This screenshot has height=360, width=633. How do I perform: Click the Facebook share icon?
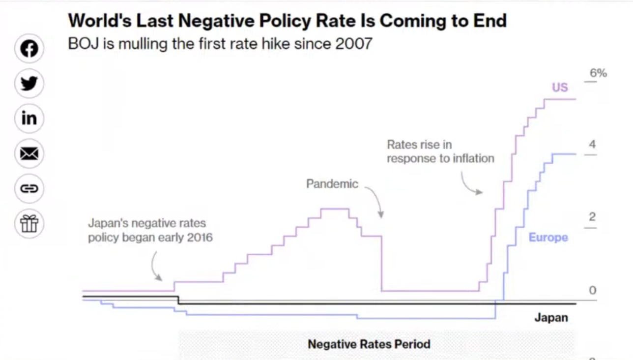(29, 49)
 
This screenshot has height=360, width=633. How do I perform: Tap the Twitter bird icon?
(29, 84)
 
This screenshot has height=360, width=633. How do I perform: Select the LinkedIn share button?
(29, 119)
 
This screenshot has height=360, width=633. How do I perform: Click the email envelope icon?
(29, 154)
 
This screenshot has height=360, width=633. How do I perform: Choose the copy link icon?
(29, 188)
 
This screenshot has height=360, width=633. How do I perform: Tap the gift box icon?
(29, 223)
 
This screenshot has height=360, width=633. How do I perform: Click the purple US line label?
(560, 88)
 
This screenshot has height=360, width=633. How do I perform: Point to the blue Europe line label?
(548, 238)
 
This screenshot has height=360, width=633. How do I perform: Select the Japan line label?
(551, 318)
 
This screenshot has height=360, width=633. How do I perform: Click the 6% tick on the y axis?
(598, 73)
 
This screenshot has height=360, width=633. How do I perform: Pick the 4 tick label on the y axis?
(592, 145)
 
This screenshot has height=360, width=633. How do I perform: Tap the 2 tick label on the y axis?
(592, 217)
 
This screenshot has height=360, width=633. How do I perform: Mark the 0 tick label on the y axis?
(592, 290)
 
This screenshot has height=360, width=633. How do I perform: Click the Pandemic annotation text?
(332, 184)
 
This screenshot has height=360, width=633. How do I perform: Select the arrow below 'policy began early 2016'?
(156, 266)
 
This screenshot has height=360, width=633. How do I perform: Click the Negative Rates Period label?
(369, 344)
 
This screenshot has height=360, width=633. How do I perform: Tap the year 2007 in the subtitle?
(354, 44)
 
